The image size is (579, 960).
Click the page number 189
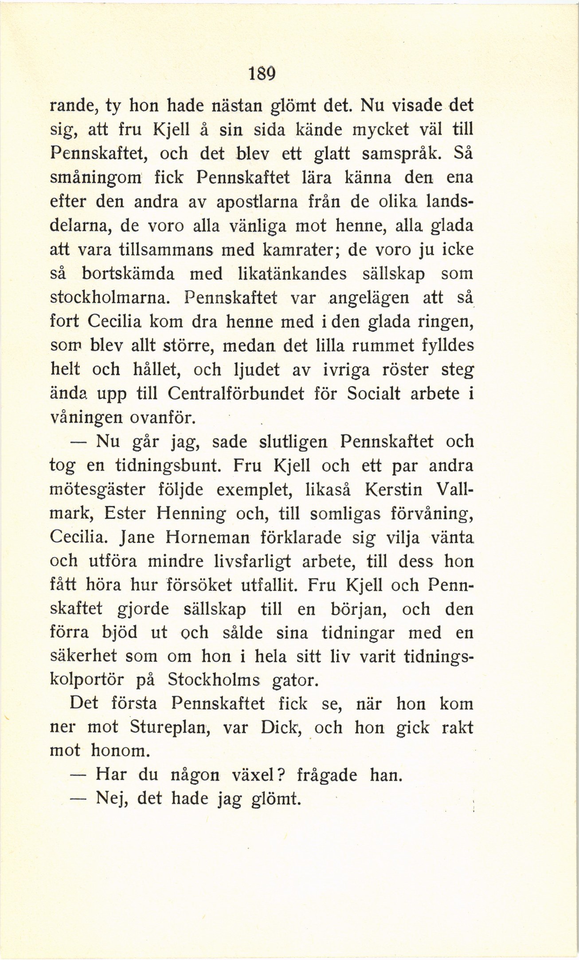pyautogui.click(x=262, y=73)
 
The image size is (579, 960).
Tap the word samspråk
pyautogui.click(x=403, y=154)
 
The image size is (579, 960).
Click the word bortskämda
pyautogui.click(x=128, y=274)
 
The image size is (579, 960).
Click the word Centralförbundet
pyautogui.click(x=236, y=394)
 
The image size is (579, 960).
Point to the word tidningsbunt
pyautogui.click(x=168, y=466)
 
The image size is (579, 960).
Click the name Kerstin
pyautogui.click(x=393, y=490)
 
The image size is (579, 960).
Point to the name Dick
pyautogui.click(x=278, y=727)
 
